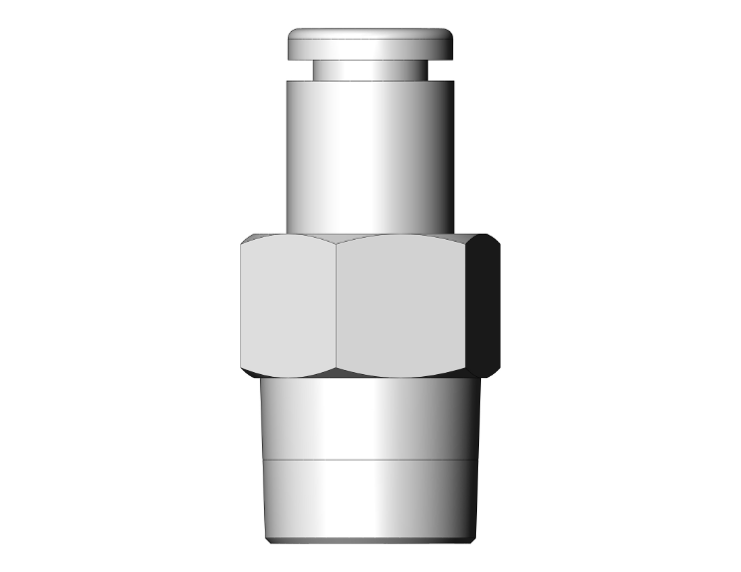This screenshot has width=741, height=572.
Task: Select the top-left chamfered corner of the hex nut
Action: click(247, 240)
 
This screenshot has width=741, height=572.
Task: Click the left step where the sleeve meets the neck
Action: click(296, 79)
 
